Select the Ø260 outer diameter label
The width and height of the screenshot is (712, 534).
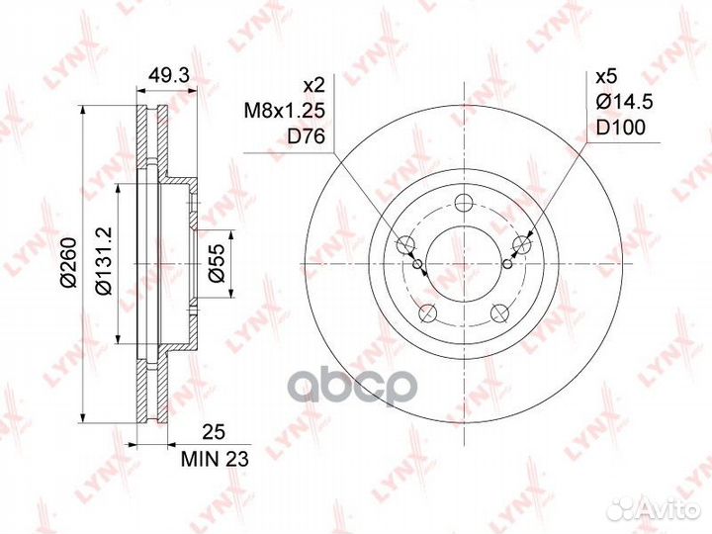(x=68, y=265)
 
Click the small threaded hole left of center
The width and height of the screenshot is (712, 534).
(x=418, y=263)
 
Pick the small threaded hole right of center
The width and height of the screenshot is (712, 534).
(x=507, y=263)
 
